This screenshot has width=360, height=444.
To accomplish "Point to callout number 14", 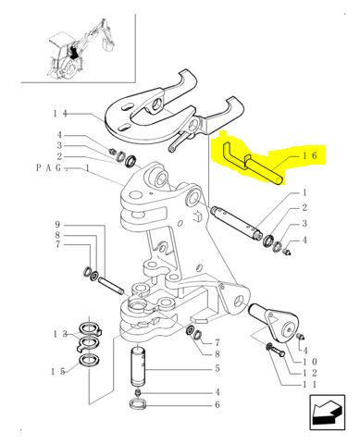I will (x=60, y=113).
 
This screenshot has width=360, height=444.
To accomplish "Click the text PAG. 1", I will (x=62, y=169).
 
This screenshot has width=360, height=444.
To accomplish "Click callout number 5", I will (x=217, y=368).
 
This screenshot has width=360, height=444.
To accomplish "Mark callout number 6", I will (x=217, y=404).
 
